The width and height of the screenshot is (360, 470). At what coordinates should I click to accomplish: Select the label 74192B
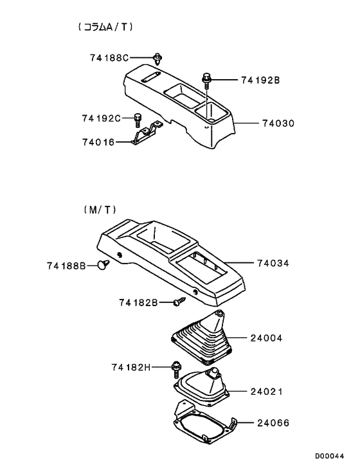click(260, 80)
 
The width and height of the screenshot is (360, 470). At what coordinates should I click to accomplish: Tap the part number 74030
click(278, 122)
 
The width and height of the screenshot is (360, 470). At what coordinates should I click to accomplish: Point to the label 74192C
click(102, 118)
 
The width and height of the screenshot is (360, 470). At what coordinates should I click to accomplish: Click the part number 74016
click(98, 142)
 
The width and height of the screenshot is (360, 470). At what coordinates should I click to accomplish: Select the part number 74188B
click(66, 265)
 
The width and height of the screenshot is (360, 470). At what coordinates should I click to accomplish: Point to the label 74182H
click(131, 367)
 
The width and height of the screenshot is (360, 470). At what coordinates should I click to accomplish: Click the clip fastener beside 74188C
click(157, 59)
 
